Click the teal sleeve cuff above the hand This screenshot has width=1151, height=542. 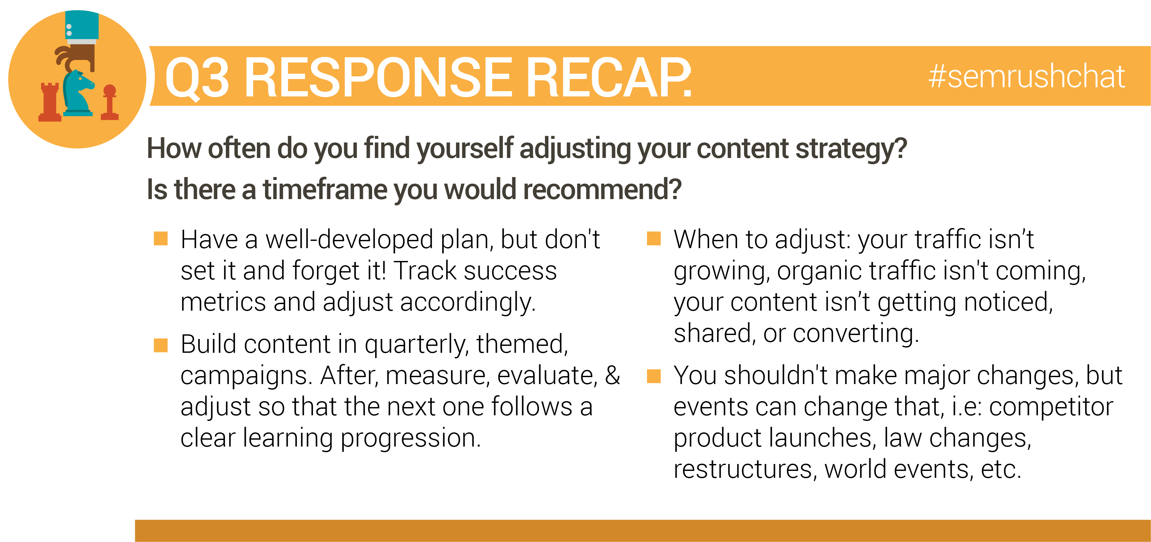82,26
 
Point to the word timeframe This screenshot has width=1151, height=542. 324,189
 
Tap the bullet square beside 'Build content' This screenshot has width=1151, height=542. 161,345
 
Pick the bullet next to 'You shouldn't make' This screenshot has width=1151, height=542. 654,376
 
